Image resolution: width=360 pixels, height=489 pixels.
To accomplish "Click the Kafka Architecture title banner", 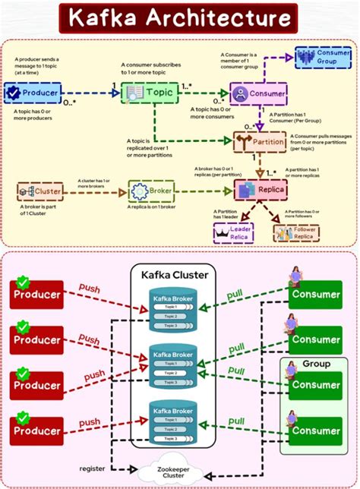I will [179, 18].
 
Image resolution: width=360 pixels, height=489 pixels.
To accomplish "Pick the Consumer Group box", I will [323, 58].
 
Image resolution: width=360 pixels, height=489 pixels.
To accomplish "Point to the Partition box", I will [261, 142].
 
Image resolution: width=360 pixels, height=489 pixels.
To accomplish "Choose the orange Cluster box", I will [41, 191].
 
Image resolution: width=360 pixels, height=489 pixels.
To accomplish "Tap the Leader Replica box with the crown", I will [234, 232].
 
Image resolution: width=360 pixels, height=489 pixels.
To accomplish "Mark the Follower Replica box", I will [297, 232].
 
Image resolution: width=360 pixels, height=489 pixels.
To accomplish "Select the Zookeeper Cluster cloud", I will [173, 472].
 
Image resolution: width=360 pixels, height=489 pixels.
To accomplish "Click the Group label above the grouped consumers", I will [316, 364].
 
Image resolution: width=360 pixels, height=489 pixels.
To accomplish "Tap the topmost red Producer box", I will [36, 294].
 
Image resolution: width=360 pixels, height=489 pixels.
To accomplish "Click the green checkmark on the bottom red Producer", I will [23, 417].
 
